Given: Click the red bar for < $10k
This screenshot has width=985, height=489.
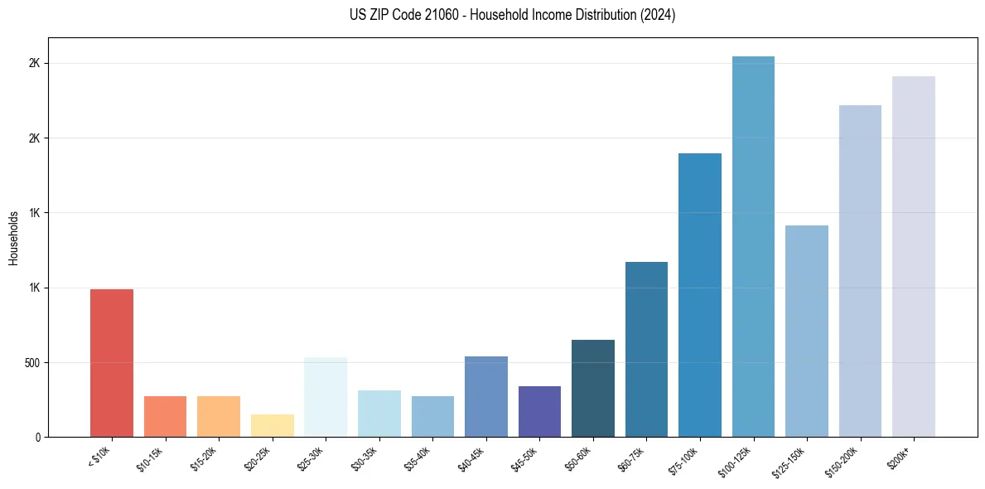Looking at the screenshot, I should tap(112, 363).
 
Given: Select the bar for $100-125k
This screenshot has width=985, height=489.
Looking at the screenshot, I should tap(753, 247).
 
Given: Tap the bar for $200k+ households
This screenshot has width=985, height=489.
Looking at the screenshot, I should tap(913, 257).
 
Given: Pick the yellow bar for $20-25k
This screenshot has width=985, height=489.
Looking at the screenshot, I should tap(272, 426).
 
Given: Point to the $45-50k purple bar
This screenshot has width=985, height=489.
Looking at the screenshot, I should tap(539, 412).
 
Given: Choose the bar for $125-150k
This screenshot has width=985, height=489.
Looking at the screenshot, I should tap(806, 332).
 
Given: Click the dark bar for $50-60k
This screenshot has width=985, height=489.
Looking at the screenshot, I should tap(593, 389).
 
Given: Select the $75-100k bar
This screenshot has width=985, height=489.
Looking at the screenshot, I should tap(699, 295).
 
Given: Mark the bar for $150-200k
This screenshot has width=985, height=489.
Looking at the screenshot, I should tap(860, 271).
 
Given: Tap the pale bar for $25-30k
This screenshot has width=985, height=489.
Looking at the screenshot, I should tap(326, 397).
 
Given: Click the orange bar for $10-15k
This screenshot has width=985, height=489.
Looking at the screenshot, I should tap(165, 417).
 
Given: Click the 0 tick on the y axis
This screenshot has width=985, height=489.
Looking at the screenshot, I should tap(38, 438).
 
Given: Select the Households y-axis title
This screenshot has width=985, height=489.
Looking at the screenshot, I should tap(13, 238).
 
